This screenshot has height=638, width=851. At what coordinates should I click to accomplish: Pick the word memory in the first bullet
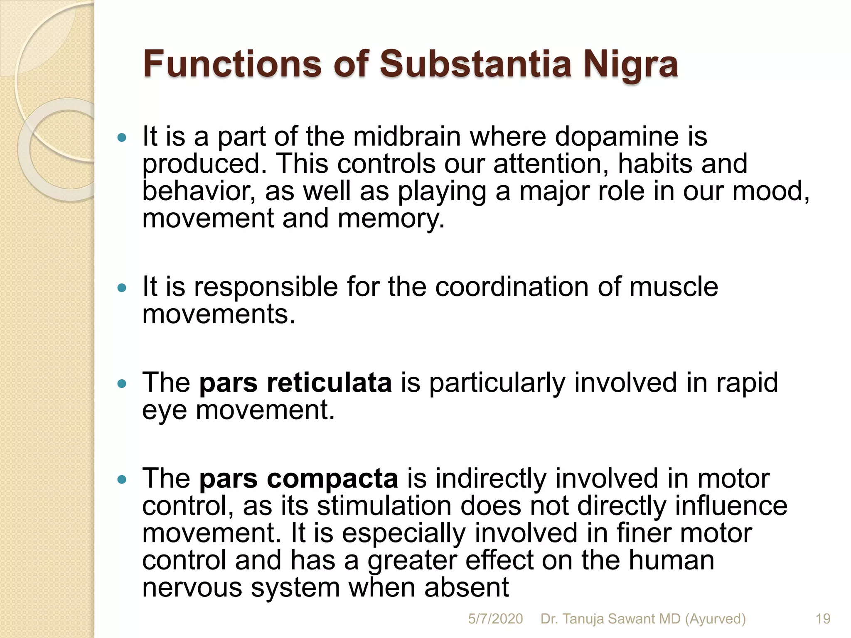(x=391, y=219)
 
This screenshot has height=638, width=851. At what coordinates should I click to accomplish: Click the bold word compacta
(x=332, y=478)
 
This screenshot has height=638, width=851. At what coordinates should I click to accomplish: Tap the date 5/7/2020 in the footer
(x=495, y=619)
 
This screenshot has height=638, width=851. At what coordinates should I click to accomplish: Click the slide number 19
(x=823, y=619)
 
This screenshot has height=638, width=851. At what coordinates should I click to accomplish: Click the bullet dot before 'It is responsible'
(x=122, y=287)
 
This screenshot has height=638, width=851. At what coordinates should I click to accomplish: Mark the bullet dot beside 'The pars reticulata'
(x=122, y=383)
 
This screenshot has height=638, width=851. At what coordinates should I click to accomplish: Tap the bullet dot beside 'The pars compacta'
(x=122, y=480)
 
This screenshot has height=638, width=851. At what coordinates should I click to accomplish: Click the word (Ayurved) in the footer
(x=715, y=619)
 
